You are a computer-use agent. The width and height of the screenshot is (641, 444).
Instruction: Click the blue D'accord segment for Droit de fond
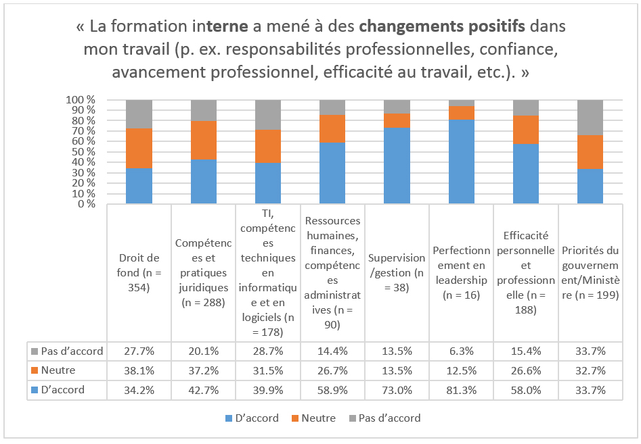click(x=139, y=186)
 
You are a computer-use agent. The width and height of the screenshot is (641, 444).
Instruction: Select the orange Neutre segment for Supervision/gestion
click(x=397, y=121)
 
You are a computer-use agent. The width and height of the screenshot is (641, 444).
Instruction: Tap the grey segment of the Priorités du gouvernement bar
click(x=590, y=118)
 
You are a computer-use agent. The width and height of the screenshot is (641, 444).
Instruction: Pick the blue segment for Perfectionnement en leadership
click(x=462, y=162)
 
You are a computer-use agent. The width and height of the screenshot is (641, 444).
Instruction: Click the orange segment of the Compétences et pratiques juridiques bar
click(x=204, y=140)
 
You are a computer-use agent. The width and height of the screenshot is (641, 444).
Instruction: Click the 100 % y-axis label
click(x=81, y=100)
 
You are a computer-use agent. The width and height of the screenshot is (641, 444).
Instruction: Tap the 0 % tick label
click(x=86, y=203)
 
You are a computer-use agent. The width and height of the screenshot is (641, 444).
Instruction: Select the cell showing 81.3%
click(x=461, y=390)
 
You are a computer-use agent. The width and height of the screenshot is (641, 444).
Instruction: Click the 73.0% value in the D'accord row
click(x=397, y=390)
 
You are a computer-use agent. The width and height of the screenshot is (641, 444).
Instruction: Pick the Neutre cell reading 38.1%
click(x=139, y=370)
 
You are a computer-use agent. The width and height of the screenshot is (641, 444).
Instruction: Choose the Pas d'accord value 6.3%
click(x=461, y=351)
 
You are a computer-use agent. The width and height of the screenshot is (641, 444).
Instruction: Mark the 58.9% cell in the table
click(x=332, y=390)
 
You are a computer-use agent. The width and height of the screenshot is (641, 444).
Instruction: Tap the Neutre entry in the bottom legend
click(x=313, y=418)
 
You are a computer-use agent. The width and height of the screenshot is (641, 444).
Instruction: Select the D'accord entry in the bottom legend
click(x=252, y=418)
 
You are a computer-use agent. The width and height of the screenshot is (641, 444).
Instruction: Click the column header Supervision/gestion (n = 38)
click(x=397, y=272)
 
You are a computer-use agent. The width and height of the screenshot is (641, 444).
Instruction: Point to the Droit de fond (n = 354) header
click(x=139, y=272)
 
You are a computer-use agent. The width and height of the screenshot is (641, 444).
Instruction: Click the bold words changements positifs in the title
click(x=442, y=26)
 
